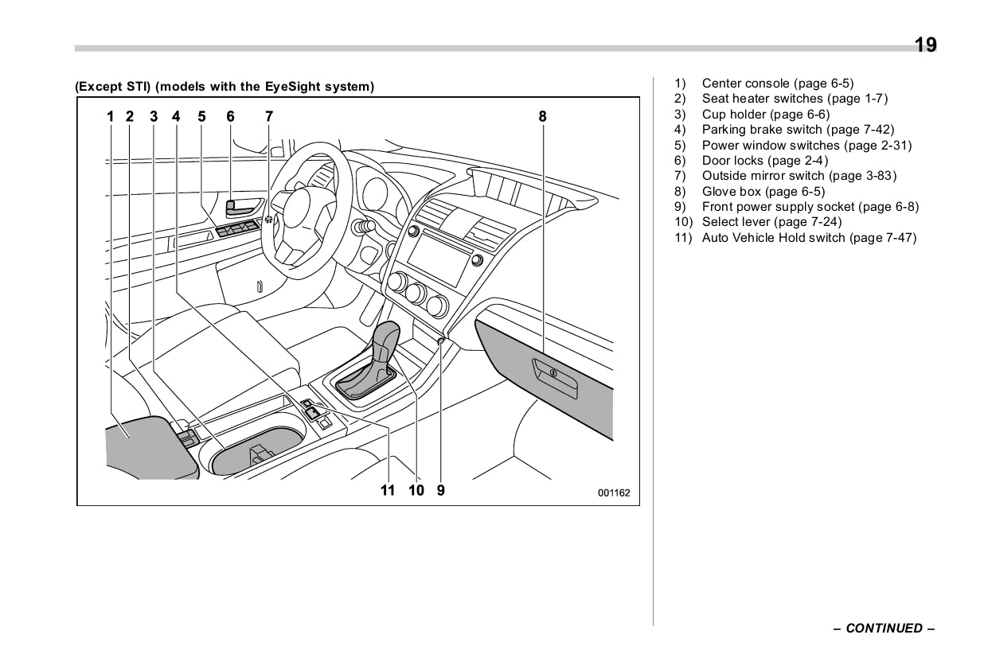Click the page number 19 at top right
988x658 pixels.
pyautogui.click(x=924, y=45)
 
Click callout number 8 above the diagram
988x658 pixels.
pyautogui.click(x=542, y=116)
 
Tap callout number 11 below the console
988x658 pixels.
pyautogui.click(x=388, y=490)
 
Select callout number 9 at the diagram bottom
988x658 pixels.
pyautogui.click(x=441, y=490)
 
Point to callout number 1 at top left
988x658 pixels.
pyautogui.click(x=111, y=116)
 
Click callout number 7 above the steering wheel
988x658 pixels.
pyautogui.click(x=269, y=116)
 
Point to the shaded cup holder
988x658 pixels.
pyautogui.click(x=255, y=450)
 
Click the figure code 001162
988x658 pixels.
pyautogui.click(x=614, y=493)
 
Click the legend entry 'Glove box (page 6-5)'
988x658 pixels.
pyautogui.click(x=763, y=191)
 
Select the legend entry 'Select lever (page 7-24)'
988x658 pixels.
pyautogui.click(x=771, y=222)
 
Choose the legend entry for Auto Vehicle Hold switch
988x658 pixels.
pyautogui.click(x=808, y=238)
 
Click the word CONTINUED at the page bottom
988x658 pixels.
pyautogui.click(x=884, y=629)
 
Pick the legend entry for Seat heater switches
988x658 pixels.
pyautogui.click(x=794, y=99)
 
